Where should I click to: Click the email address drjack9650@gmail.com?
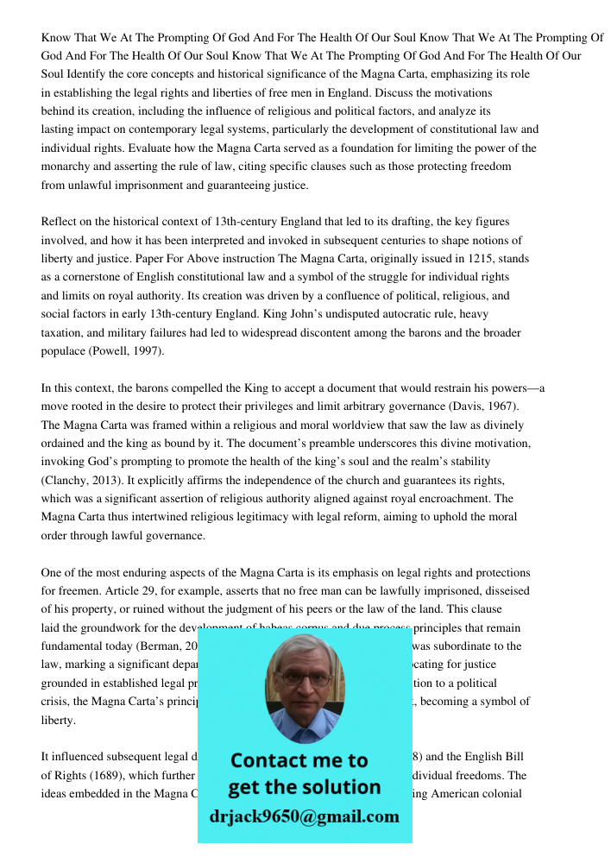(305, 816)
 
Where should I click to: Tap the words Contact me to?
(299, 760)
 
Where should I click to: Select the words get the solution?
(304, 787)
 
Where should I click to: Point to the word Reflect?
(63, 223)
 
